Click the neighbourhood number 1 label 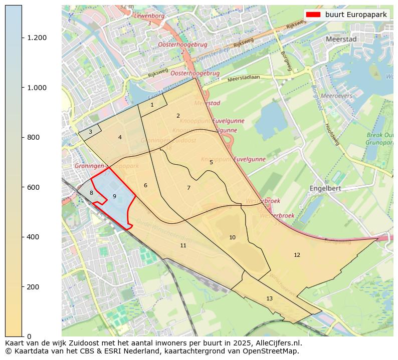(152, 105)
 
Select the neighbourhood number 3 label (90, 132)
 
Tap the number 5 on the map (211, 162)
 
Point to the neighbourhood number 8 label (91, 193)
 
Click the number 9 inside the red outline (114, 196)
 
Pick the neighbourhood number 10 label (232, 237)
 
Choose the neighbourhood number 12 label (297, 255)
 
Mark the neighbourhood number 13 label (269, 298)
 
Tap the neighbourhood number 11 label (183, 245)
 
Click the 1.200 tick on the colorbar (37, 38)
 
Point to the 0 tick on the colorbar (29, 336)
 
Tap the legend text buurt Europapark (356, 15)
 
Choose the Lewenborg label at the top (149, 16)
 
